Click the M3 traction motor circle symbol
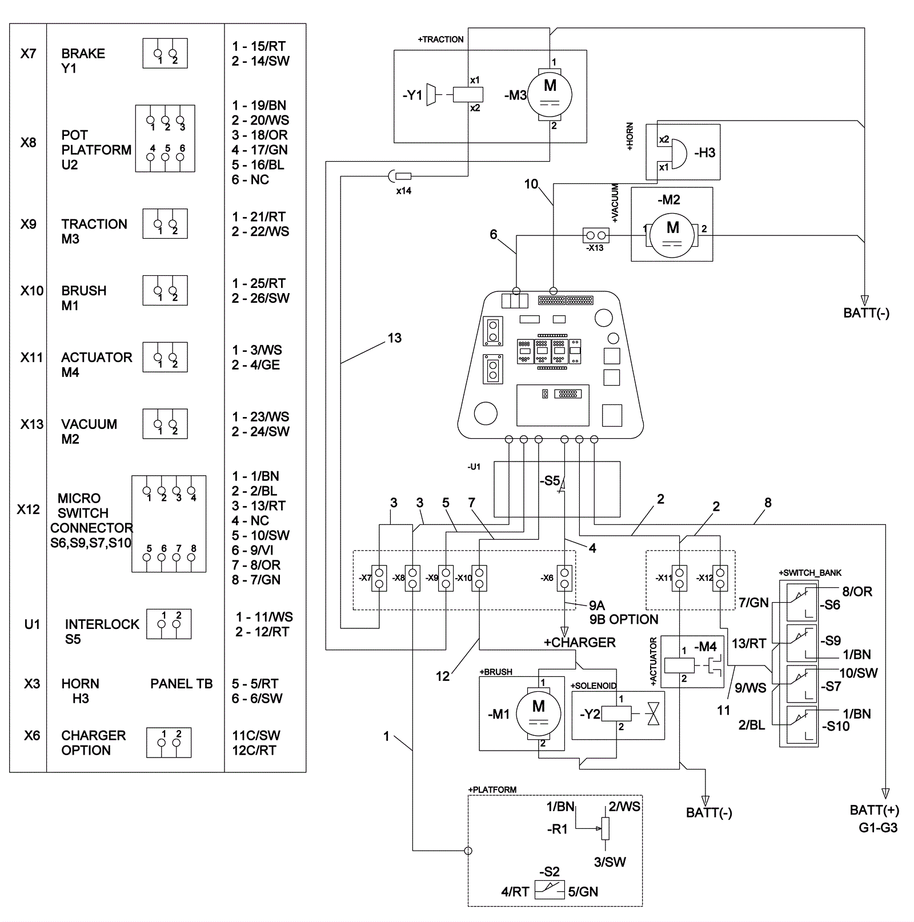(x=550, y=94)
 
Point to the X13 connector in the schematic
(x=596, y=235)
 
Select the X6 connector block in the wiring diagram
(x=565, y=578)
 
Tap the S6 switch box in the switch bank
(x=802, y=602)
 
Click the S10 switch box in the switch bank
(x=802, y=725)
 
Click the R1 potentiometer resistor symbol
(x=606, y=828)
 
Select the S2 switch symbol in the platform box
(x=550, y=890)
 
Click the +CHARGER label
(x=579, y=643)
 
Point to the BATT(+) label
(x=874, y=810)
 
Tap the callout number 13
(x=394, y=338)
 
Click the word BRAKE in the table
(x=83, y=54)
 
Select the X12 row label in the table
(x=28, y=509)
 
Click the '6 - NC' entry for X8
(x=250, y=180)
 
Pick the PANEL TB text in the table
(x=181, y=684)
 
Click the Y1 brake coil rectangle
(x=468, y=94)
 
